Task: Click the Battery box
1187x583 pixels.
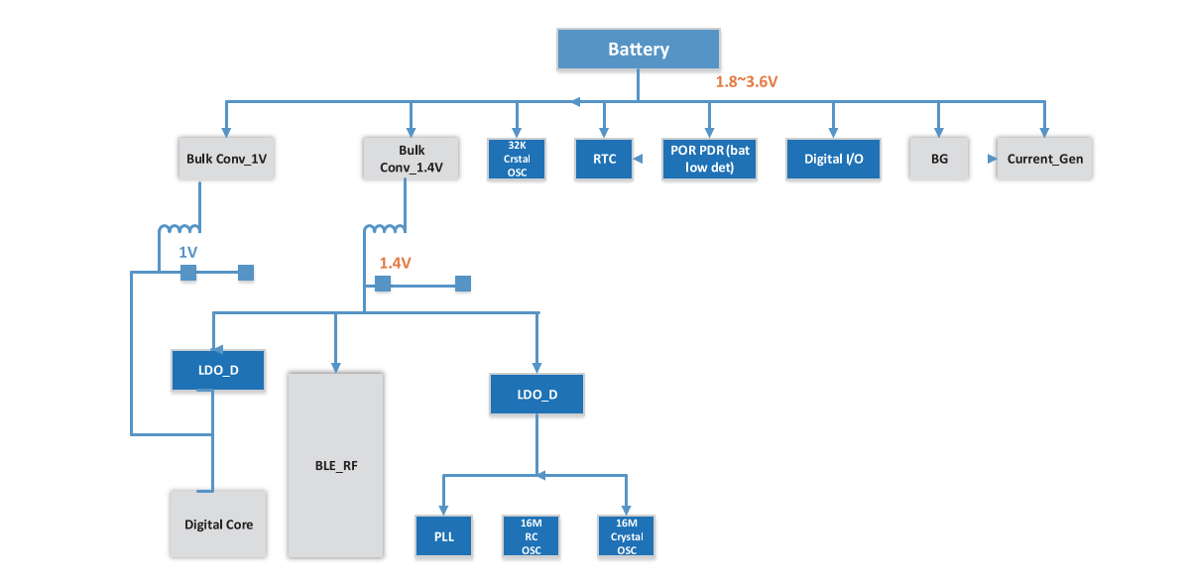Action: (638, 50)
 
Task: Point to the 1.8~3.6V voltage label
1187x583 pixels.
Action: (747, 82)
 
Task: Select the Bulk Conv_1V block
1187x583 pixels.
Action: (227, 158)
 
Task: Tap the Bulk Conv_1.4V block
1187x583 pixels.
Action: (412, 158)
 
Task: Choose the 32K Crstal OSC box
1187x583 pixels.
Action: (517, 159)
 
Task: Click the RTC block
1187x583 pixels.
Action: (604, 159)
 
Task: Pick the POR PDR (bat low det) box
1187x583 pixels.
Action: (709, 159)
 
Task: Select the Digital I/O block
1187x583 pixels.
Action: (833, 159)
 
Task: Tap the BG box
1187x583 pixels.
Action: (938, 159)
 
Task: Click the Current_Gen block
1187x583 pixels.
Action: (1044, 159)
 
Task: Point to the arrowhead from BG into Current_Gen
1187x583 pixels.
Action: (991, 159)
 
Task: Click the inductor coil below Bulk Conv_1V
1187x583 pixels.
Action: (179, 231)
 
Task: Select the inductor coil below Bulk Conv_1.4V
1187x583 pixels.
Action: (384, 231)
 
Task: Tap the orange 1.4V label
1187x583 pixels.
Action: (395, 263)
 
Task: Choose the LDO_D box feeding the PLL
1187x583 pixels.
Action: (536, 394)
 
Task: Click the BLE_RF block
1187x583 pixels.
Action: (335, 463)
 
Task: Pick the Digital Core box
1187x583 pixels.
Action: (218, 524)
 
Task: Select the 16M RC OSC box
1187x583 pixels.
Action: (531, 536)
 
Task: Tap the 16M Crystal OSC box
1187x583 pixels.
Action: (627, 536)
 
